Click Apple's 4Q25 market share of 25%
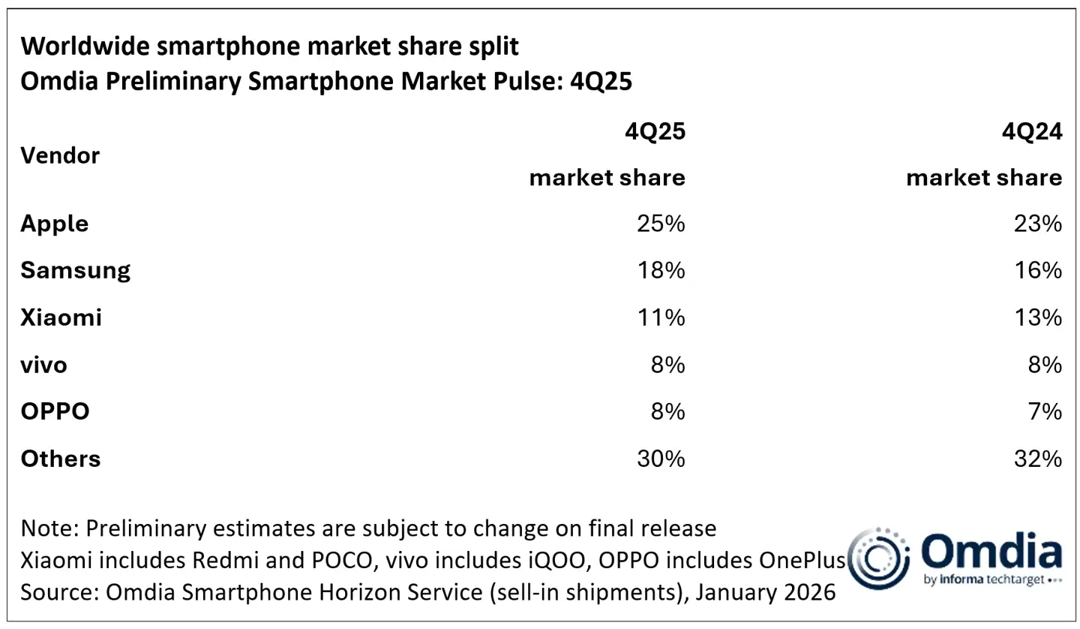(660, 224)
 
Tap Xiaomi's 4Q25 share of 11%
(660, 318)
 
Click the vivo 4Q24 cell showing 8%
(1043, 365)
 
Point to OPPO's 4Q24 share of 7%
(1043, 411)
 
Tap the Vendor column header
(60, 155)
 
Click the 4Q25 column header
(655, 132)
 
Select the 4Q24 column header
(1033, 132)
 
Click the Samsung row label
(75, 270)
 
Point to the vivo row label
(43, 365)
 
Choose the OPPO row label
(55, 411)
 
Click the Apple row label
(54, 224)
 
